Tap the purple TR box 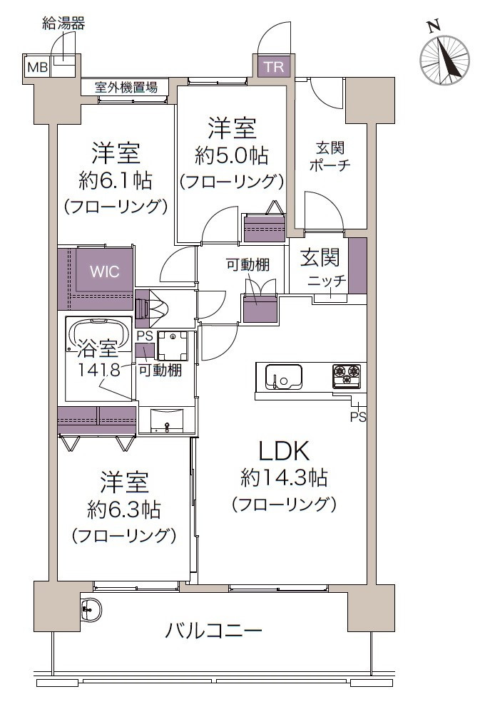tap(272, 67)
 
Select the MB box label tap(36, 68)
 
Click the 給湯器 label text tap(63, 24)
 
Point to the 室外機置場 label tap(126, 88)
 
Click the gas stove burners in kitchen tap(347, 375)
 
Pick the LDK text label tap(282, 450)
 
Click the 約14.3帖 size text tap(283, 477)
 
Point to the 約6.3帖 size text tap(123, 509)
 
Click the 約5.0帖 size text tap(231, 155)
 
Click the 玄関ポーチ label tap(330, 157)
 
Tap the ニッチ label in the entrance tap(327, 281)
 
